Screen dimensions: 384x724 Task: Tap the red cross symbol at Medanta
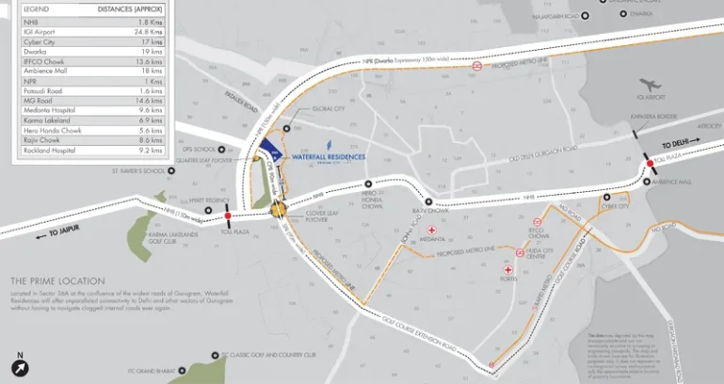point(432,229)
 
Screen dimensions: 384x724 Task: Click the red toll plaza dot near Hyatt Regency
point(227,216)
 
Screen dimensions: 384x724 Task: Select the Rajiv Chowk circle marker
point(428,201)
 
